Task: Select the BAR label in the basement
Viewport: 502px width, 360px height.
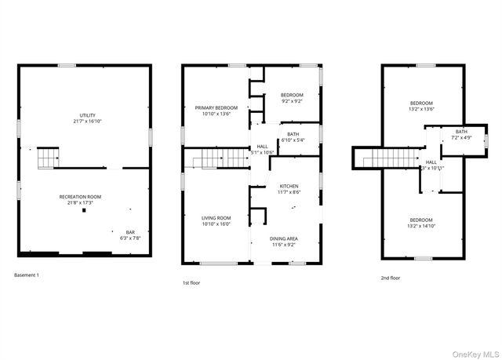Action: (131, 234)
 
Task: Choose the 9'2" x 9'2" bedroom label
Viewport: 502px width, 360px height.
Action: (292, 98)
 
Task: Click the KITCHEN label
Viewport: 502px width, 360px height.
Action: (289, 189)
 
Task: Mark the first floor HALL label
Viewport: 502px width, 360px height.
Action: (262, 149)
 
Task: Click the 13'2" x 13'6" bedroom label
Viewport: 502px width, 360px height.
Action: (421, 106)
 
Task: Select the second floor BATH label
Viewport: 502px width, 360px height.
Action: (461, 134)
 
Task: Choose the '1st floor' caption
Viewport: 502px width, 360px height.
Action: (191, 282)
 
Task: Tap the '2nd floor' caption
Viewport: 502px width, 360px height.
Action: (389, 278)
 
